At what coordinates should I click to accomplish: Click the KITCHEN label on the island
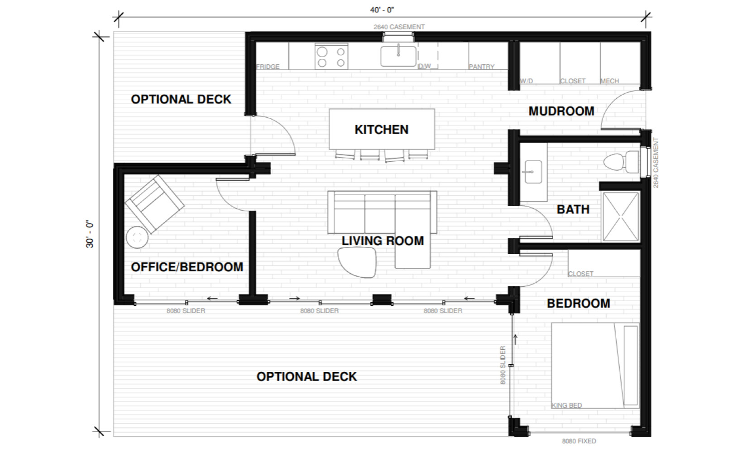pos(381,130)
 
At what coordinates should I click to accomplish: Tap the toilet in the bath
pos(621,162)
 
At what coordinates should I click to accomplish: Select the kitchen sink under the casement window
pos(398,56)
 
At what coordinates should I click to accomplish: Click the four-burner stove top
pos(331,57)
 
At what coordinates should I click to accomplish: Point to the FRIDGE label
pos(268,67)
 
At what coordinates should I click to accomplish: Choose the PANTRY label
pos(481,67)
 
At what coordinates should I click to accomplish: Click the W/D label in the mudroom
pos(526,81)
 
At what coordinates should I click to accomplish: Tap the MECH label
pos(610,81)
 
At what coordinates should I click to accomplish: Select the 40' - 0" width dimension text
pos(382,10)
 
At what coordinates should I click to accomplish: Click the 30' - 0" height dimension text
pos(90,234)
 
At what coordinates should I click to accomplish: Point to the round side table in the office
pos(137,237)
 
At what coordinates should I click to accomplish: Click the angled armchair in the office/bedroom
pos(154,204)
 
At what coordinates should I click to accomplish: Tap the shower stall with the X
pos(621,217)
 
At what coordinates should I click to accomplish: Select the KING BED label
pos(566,405)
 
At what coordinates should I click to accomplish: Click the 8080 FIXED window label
pos(579,441)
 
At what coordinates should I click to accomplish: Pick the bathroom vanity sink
pos(533,172)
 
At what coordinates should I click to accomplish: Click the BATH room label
pos(573,209)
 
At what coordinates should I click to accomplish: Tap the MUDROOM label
pos(561,111)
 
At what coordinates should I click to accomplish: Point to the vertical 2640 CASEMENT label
pos(656,163)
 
